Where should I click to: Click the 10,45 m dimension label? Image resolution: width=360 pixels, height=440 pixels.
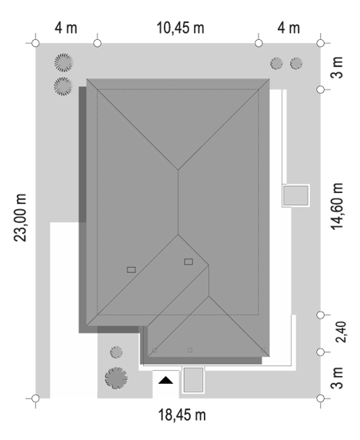[x=180, y=28]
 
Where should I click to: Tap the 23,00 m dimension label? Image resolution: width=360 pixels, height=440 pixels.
[x=20, y=218]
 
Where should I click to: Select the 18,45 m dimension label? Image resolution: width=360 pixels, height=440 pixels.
[x=182, y=415]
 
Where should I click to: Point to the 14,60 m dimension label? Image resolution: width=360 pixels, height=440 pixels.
[x=337, y=206]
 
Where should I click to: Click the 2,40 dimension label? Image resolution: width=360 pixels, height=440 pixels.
[x=342, y=332]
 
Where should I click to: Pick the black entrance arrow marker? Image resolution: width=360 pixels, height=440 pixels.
[x=166, y=380]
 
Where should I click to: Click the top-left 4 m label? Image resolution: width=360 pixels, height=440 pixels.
[x=65, y=28]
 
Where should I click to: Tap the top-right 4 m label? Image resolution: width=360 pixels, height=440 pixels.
[x=288, y=28]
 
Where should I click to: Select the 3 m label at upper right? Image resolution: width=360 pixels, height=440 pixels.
[x=337, y=68]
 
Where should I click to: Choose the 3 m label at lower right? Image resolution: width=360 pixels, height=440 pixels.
[x=337, y=378]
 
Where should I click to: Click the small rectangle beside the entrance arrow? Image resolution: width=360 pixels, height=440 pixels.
[x=193, y=380]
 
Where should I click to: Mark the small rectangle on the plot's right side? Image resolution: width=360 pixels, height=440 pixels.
[x=295, y=195]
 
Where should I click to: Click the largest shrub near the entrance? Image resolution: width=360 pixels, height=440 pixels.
[x=116, y=378]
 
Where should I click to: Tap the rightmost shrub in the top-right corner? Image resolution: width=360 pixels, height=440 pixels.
[x=296, y=63]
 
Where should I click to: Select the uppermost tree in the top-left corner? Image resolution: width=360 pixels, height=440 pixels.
[x=64, y=62]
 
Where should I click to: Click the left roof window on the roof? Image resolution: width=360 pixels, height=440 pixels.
[x=132, y=270]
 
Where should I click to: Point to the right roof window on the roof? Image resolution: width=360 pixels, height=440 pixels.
[x=188, y=262]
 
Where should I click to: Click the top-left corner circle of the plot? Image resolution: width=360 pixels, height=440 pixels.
[x=35, y=43]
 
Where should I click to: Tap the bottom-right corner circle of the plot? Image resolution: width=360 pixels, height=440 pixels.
[x=321, y=398]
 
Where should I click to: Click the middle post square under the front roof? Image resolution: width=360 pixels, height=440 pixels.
[x=190, y=350]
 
